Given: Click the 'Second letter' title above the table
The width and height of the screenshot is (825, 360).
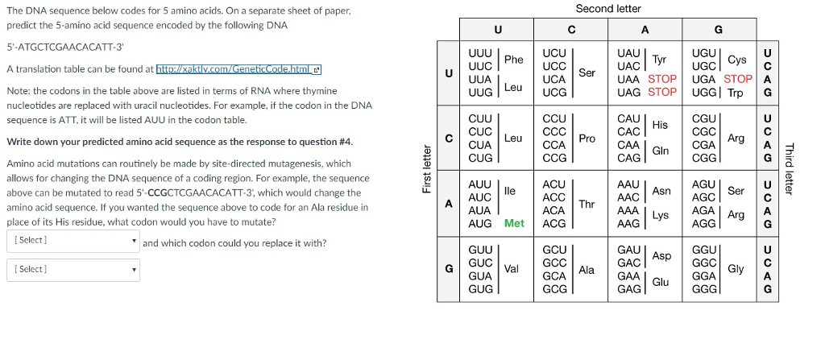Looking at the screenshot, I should pyautogui.click(x=608, y=9).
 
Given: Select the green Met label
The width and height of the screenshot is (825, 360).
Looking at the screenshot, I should pyautogui.click(x=514, y=223).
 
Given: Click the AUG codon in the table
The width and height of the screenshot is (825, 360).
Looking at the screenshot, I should pyautogui.click(x=480, y=223).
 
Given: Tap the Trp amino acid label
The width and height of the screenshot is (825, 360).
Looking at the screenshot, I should pyautogui.click(x=735, y=93).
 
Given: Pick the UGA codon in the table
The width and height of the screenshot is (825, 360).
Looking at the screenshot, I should pyautogui.click(x=707, y=79).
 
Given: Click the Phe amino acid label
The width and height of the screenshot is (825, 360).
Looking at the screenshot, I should pyautogui.click(x=513, y=60).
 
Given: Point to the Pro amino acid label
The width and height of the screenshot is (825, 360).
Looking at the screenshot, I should pyautogui.click(x=587, y=139).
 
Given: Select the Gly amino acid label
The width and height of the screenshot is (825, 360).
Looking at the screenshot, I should pyautogui.click(x=736, y=268).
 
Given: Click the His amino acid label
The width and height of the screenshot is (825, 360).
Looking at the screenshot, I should pyautogui.click(x=660, y=126).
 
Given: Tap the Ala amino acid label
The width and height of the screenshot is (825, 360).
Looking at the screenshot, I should pyautogui.click(x=587, y=270).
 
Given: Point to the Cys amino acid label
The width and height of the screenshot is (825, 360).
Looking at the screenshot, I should pyautogui.click(x=736, y=60).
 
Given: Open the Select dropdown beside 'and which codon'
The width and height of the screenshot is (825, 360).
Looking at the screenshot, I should pyautogui.click(x=73, y=240).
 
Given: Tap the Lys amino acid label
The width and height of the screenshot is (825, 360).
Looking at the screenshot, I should pyautogui.click(x=661, y=216).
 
